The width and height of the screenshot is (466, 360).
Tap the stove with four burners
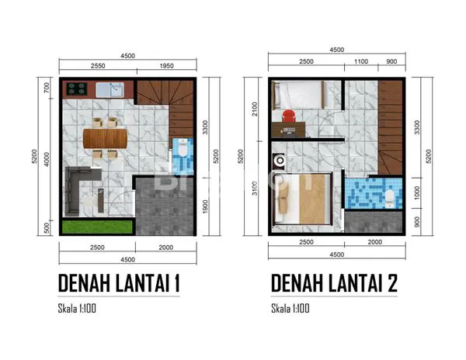78,89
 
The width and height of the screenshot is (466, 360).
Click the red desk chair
288,117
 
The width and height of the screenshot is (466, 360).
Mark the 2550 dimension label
98,66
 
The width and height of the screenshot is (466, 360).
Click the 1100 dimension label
360,61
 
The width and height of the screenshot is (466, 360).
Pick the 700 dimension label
47,87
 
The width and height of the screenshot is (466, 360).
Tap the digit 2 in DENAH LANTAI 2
391,282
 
